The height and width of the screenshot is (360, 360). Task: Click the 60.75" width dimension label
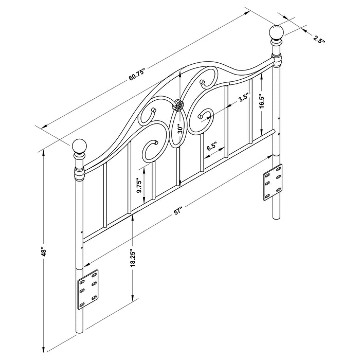coord(137,74)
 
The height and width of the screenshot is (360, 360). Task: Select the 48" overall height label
coord(45,251)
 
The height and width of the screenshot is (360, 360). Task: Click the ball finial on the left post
coord(80,147)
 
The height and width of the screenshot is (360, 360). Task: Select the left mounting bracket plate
coord(87,290)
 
